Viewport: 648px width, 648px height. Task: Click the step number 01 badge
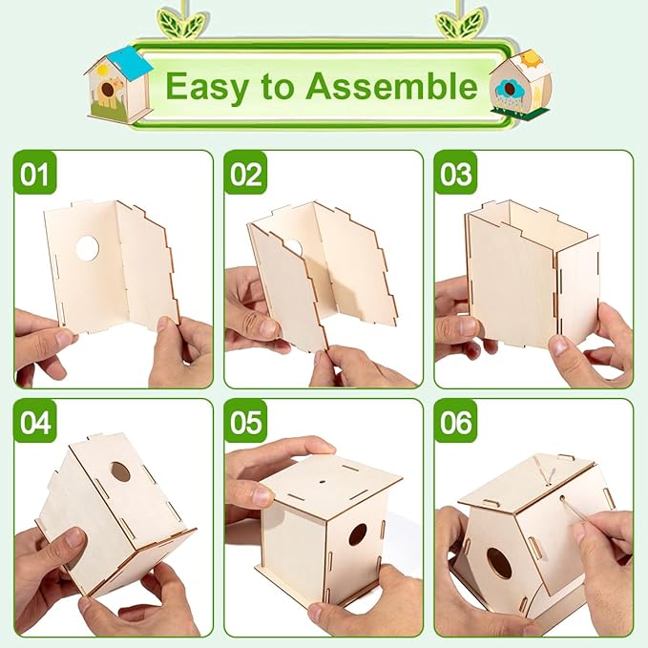pyautogui.click(x=34, y=174)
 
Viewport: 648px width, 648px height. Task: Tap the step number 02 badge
pyautogui.click(x=245, y=174)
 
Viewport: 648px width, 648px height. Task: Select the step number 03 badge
pyautogui.click(x=455, y=174)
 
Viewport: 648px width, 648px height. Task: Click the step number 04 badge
pyautogui.click(x=35, y=422)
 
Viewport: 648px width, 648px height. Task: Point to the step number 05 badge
pyautogui.click(x=245, y=422)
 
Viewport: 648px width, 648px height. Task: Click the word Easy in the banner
pyautogui.click(x=206, y=87)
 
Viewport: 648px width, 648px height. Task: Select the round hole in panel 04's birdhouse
pyautogui.click(x=120, y=471)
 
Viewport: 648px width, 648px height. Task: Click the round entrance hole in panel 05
pyautogui.click(x=357, y=534)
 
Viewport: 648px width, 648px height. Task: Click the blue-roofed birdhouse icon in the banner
pyautogui.click(x=117, y=84)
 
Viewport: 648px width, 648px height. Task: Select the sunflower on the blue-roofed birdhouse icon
pyautogui.click(x=108, y=92)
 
